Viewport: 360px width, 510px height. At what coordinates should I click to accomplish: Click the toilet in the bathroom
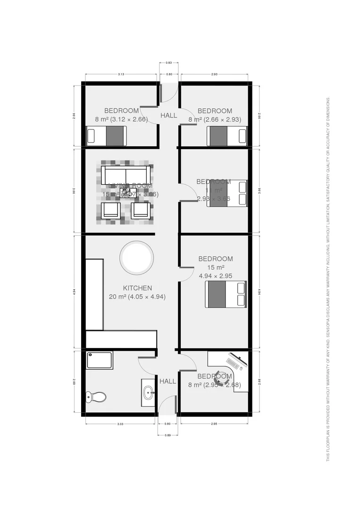(x=96, y=397)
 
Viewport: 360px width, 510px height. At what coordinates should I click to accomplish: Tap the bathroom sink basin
(x=148, y=392)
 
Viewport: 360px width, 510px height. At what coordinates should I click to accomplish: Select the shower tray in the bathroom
(x=100, y=360)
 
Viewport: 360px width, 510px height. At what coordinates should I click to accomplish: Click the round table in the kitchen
(x=136, y=257)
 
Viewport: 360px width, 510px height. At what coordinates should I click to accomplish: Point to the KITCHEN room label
(x=137, y=288)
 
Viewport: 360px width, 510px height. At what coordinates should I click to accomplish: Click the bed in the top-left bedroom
(x=107, y=136)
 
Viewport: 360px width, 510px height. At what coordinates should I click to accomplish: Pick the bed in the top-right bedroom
(x=227, y=136)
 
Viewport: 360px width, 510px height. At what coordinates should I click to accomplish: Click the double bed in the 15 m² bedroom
(x=226, y=295)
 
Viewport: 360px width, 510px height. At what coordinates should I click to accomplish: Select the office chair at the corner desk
(x=221, y=378)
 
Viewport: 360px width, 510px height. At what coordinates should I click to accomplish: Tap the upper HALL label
(x=168, y=115)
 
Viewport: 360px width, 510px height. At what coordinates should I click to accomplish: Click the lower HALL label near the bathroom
(x=167, y=381)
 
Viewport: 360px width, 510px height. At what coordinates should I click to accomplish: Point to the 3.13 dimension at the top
(x=120, y=74)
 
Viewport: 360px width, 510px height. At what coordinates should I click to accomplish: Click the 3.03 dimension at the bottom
(x=120, y=424)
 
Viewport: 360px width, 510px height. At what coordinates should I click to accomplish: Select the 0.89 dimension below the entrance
(x=168, y=434)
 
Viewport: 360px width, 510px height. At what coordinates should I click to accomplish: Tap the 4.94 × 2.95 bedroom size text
(x=216, y=276)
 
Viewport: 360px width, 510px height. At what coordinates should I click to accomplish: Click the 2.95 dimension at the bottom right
(x=214, y=424)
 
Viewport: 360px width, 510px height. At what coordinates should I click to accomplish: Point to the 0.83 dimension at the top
(x=168, y=63)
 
